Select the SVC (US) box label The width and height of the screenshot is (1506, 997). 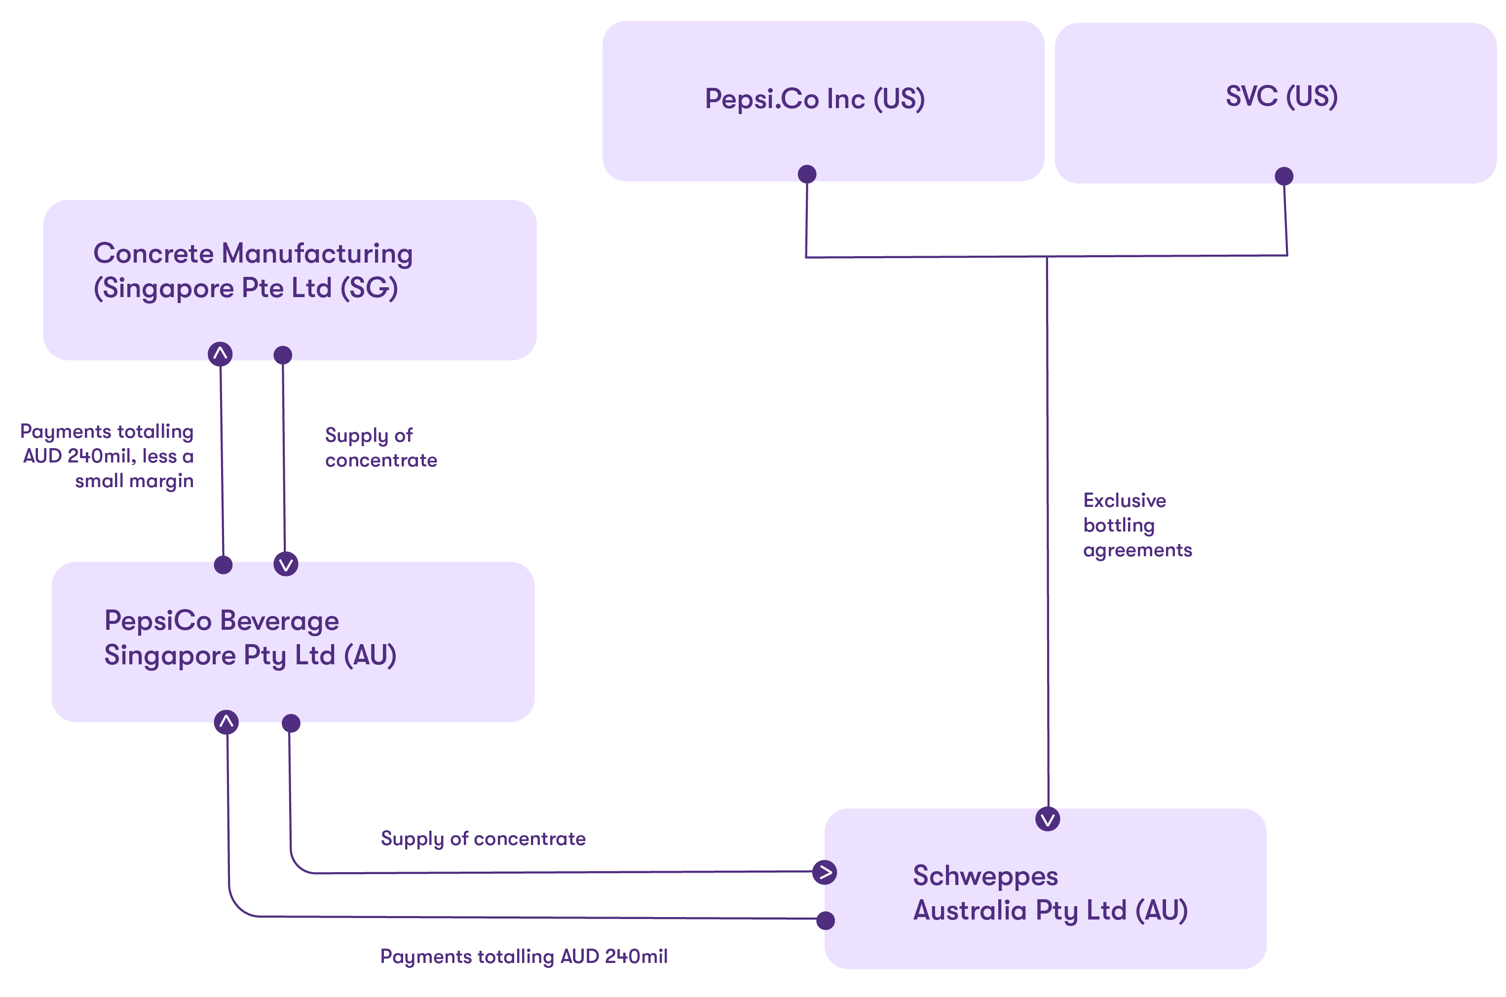point(1281,97)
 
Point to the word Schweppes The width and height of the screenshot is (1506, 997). point(985,876)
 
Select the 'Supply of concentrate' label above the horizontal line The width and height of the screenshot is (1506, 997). point(483,838)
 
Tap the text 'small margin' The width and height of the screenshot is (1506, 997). point(134,481)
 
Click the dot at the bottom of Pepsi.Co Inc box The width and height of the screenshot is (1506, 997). point(807,174)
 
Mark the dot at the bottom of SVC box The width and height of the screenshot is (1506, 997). point(1283,176)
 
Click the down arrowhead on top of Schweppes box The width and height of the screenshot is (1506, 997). point(1047,819)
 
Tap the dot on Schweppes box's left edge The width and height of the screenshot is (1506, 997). point(825,920)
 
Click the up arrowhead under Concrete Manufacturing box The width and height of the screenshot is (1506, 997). point(220,353)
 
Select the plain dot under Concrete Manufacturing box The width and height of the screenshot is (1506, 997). point(282,355)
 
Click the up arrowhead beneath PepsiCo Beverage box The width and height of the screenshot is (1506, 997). point(226,722)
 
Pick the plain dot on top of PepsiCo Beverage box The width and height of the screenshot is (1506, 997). point(223,565)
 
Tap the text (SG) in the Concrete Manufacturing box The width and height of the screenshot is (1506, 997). point(369,288)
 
